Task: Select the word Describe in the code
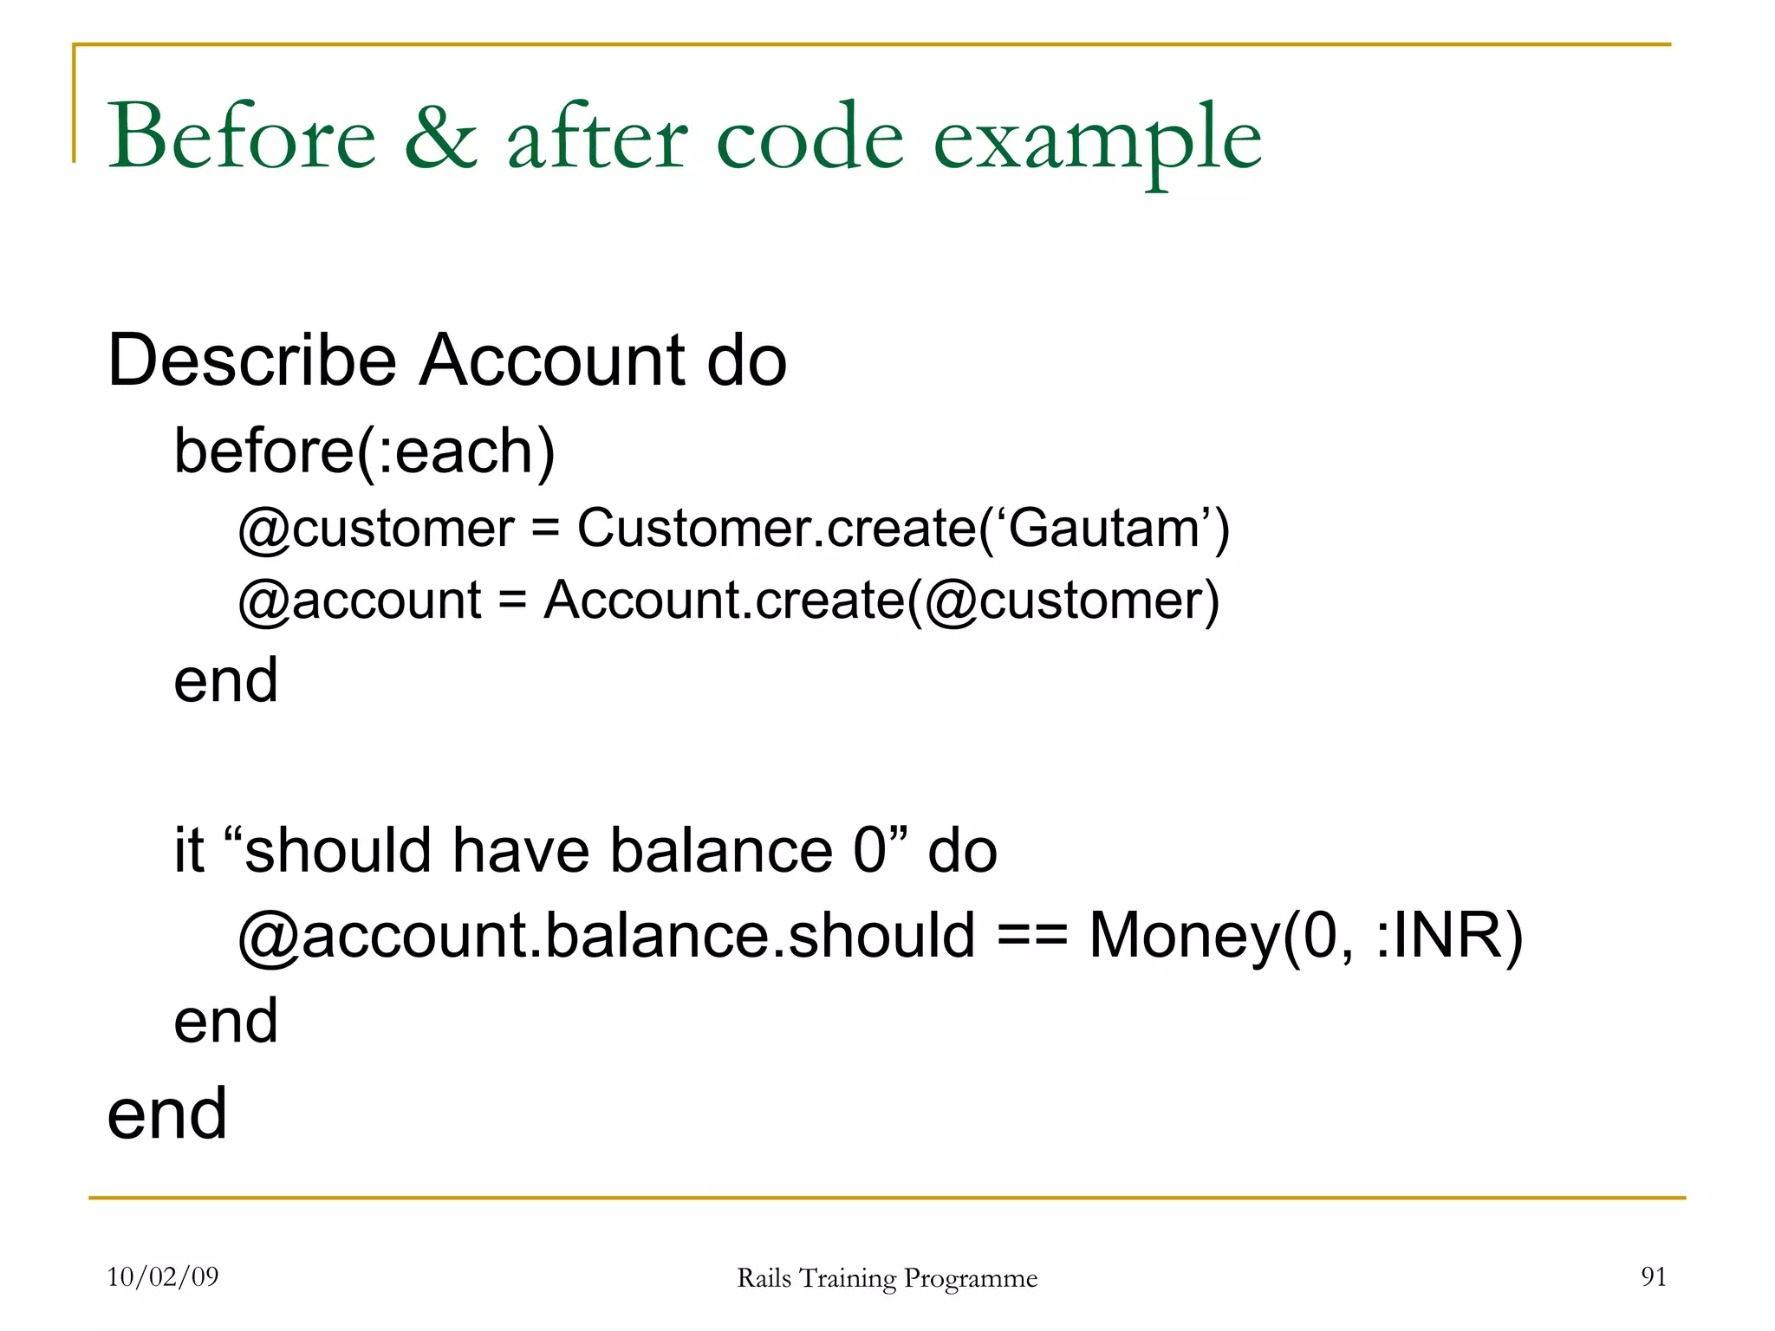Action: pyautogui.click(x=252, y=360)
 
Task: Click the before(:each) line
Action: pyautogui.click(x=364, y=452)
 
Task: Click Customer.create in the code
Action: pyautogui.click(x=777, y=528)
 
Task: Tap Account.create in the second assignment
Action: pyautogui.click(x=724, y=600)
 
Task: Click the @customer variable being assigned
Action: pyautogui.click(x=376, y=529)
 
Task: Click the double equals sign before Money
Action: pyautogui.click(x=1031, y=936)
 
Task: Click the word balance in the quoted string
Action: pyautogui.click(x=721, y=850)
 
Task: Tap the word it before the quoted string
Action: pyautogui.click(x=188, y=850)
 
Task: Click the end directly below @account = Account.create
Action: pyautogui.click(x=225, y=681)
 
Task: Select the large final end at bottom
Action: pyautogui.click(x=166, y=1114)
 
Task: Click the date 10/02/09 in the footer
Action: pyautogui.click(x=162, y=1276)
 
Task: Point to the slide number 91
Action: pyautogui.click(x=1653, y=1276)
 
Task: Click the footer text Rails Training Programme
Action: pyautogui.click(x=887, y=1278)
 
